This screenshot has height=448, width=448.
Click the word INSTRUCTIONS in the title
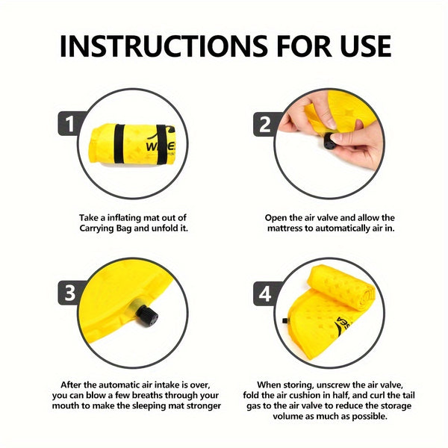tap(164, 46)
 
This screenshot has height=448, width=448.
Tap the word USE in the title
tap(365, 46)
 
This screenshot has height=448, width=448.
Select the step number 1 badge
tap(69, 124)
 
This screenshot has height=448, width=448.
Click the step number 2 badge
tap(265, 124)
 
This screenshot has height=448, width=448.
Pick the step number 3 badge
tap(69, 293)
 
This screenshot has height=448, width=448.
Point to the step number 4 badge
tap(265, 293)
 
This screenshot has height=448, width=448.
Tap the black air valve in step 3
tap(147, 316)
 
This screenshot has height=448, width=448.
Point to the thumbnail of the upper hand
tap(331, 123)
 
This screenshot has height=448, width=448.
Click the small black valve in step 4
tap(285, 320)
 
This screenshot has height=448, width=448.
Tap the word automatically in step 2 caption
tap(342, 228)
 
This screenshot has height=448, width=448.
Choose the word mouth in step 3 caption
tap(66, 405)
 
